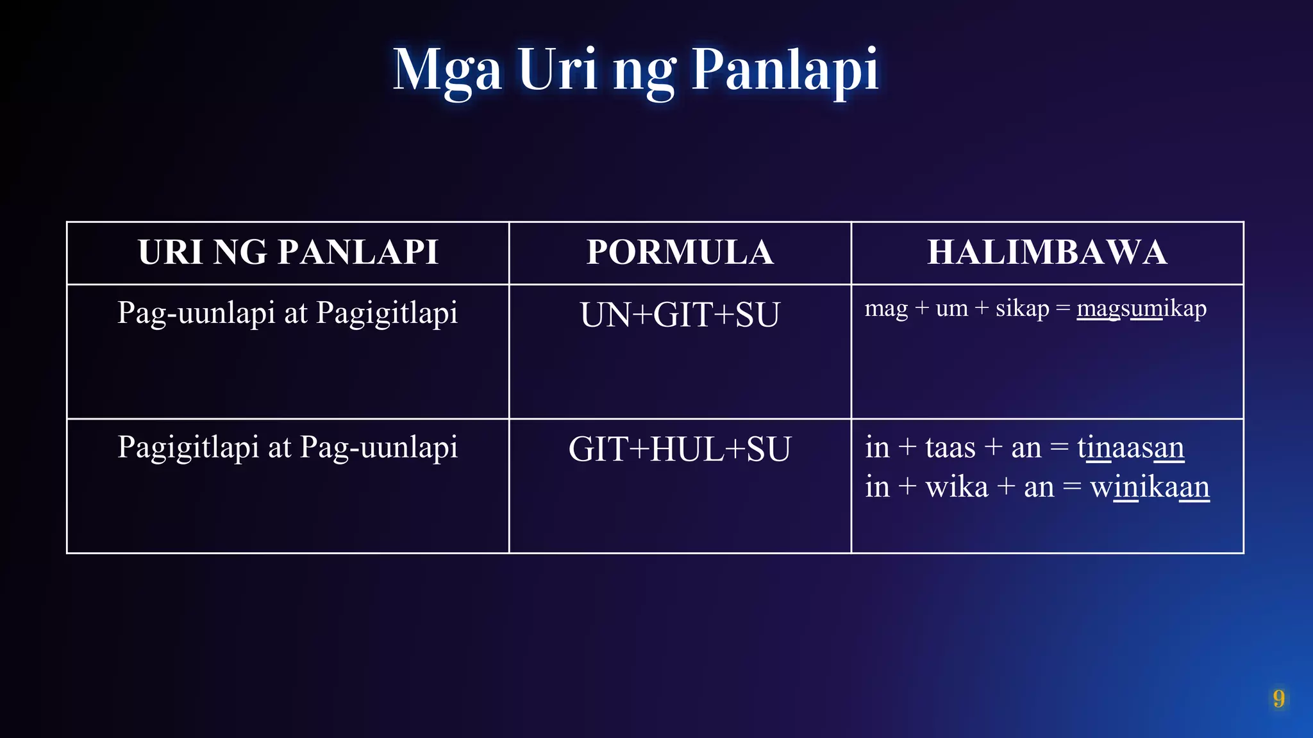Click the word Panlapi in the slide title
(x=785, y=69)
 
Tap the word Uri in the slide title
(x=558, y=69)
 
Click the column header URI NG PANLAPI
(x=288, y=252)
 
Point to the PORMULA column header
(x=680, y=252)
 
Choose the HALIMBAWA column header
(x=1047, y=252)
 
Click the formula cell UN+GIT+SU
(x=680, y=315)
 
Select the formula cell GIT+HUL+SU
(x=680, y=449)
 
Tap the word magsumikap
(x=1141, y=309)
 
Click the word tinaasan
(x=1130, y=447)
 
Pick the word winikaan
(x=1150, y=487)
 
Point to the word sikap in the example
(x=1022, y=309)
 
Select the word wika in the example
(x=957, y=487)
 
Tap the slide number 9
(x=1278, y=698)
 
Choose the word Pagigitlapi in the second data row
(x=188, y=447)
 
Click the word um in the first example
(x=951, y=309)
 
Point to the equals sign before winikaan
(x=1072, y=488)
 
